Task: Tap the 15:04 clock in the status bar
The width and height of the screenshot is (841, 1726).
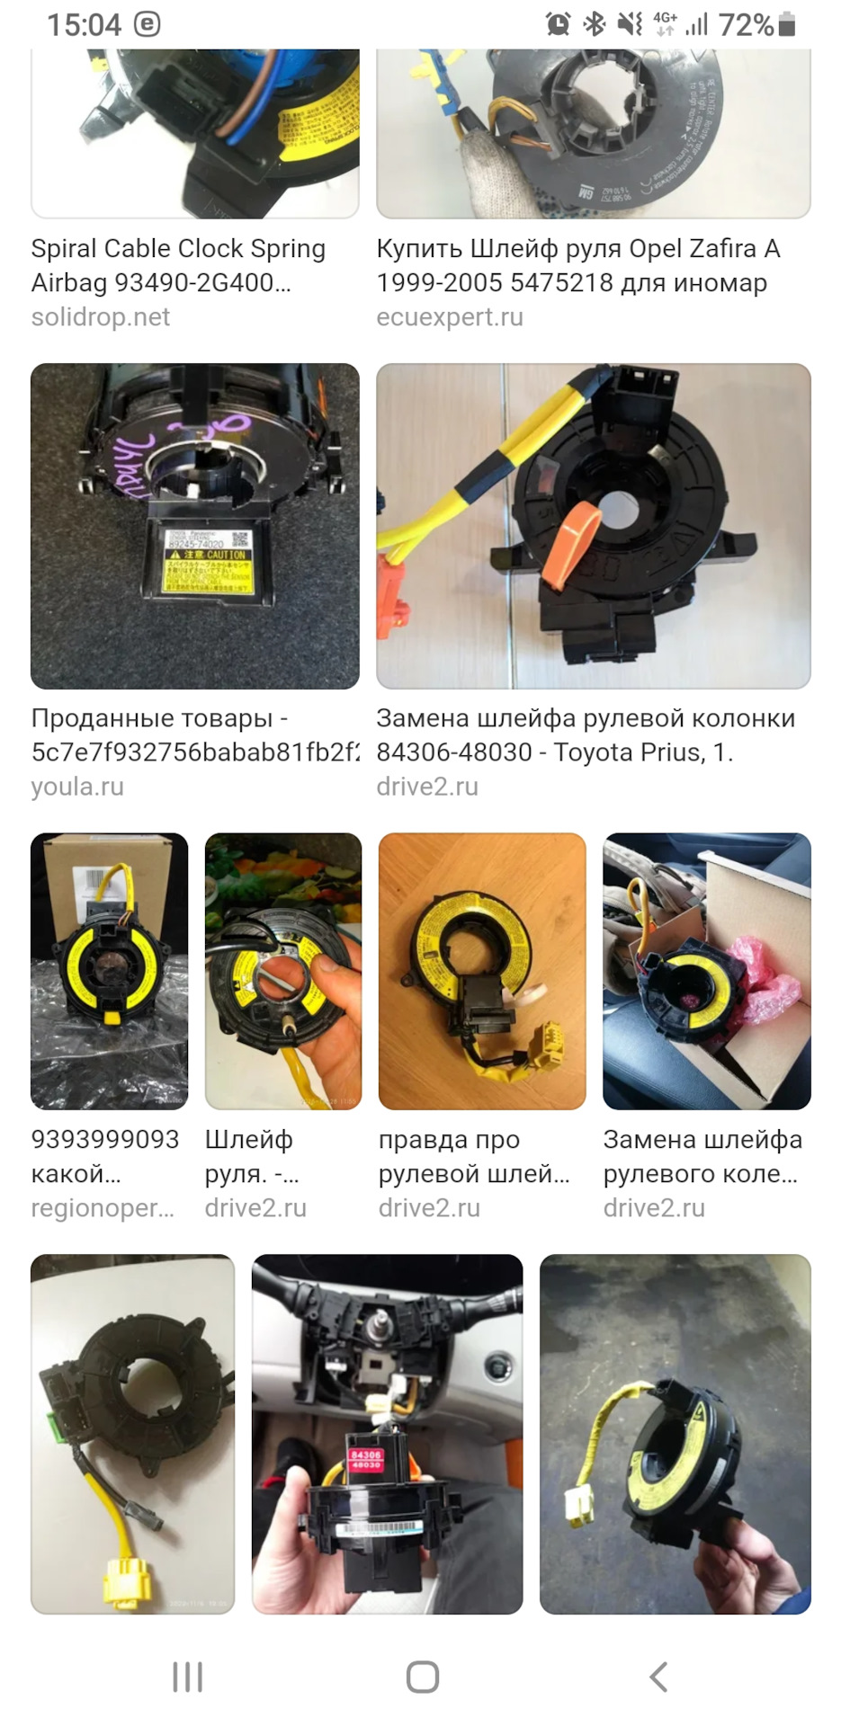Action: pyautogui.click(x=84, y=24)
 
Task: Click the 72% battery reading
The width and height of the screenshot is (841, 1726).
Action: pyautogui.click(x=746, y=24)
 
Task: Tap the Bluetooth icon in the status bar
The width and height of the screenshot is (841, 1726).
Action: pyautogui.click(x=595, y=24)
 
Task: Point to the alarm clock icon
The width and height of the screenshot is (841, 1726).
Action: pyautogui.click(x=558, y=24)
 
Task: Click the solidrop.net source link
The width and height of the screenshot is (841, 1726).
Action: pyautogui.click(x=100, y=317)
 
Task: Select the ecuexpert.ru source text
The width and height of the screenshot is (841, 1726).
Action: pyautogui.click(x=449, y=317)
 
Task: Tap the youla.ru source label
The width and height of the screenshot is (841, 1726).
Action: pyautogui.click(x=77, y=787)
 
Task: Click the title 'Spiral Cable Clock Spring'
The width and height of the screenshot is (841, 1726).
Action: pyautogui.click(x=178, y=249)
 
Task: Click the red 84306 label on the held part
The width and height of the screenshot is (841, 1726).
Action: pyautogui.click(x=366, y=1458)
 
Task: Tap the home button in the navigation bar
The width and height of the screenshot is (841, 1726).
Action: pyautogui.click(x=422, y=1677)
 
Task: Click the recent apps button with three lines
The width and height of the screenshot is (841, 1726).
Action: pyautogui.click(x=187, y=1677)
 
